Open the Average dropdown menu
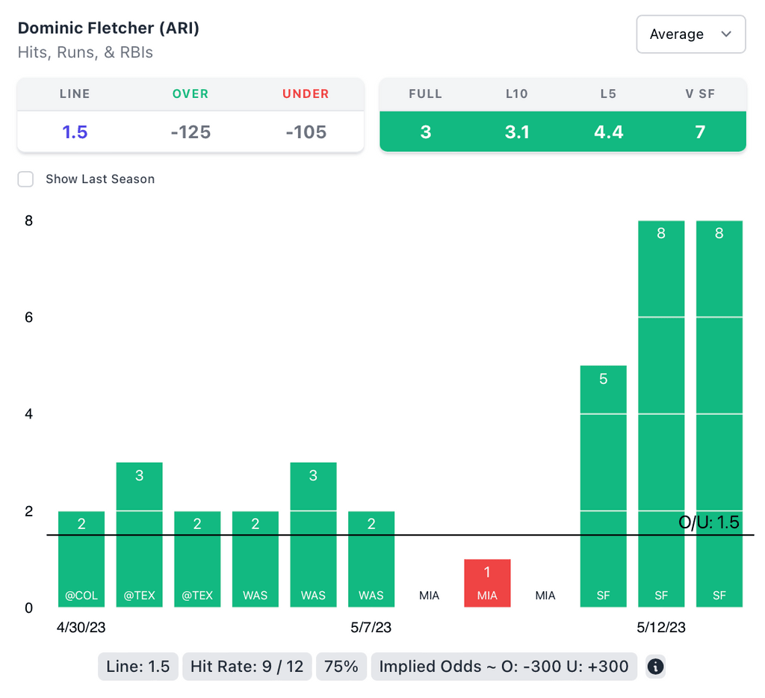tap(690, 34)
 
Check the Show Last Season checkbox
tap(26, 179)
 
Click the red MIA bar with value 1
tap(487, 583)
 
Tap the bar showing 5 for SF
tap(603, 486)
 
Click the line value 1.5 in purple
tap(75, 132)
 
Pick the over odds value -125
tap(191, 132)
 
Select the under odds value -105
tap(306, 132)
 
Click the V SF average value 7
tap(700, 132)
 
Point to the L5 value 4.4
tap(608, 132)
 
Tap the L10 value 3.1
tap(517, 132)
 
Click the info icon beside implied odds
tap(655, 667)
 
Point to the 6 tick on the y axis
tap(28, 318)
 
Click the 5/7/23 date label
tap(371, 628)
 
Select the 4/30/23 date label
tap(81, 628)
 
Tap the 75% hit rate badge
tap(341, 667)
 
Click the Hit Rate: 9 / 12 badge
tap(247, 667)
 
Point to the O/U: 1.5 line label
tap(708, 522)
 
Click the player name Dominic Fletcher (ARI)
tap(108, 28)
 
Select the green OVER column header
tap(191, 94)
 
